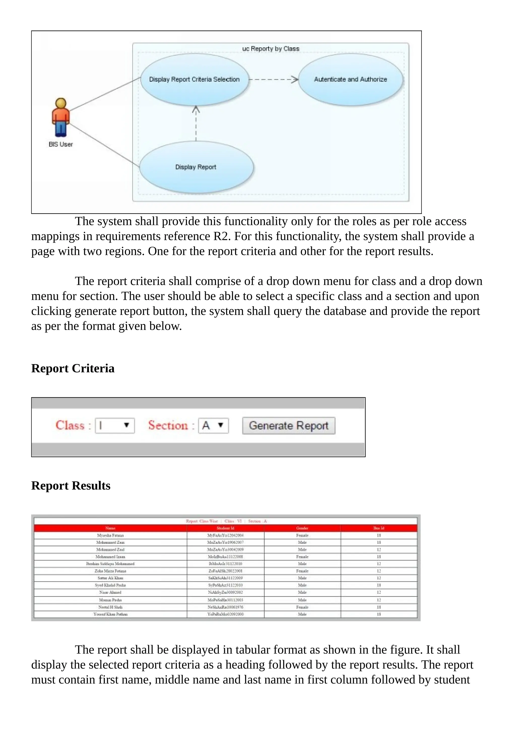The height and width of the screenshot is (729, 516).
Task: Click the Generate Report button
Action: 288,425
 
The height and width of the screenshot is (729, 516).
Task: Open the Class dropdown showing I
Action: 115,425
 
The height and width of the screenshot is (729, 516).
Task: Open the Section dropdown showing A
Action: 213,425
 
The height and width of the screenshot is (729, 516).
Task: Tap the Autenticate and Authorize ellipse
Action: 350,79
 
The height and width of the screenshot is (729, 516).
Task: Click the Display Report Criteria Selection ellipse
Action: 194,79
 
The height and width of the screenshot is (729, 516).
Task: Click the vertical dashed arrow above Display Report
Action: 196,124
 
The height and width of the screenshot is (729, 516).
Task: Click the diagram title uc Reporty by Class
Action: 271,49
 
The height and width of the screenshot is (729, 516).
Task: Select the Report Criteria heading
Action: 73,368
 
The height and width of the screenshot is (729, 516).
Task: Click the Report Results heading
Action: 71,486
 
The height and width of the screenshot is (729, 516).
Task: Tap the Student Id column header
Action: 225,528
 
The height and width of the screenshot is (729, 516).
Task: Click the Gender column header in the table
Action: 302,528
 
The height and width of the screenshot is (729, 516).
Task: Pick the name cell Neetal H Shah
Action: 110,607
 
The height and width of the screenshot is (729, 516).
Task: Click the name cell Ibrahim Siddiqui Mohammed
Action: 110,564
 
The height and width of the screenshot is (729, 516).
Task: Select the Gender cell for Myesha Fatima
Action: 302,535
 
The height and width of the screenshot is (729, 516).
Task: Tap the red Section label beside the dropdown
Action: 168,425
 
